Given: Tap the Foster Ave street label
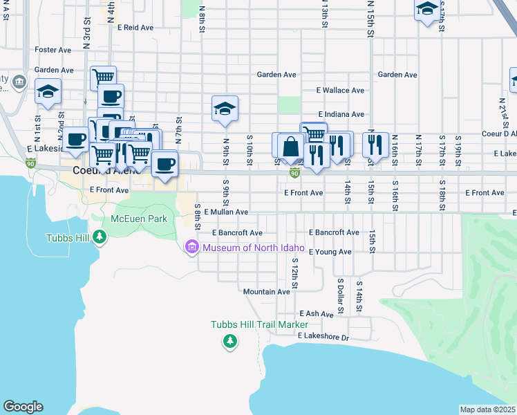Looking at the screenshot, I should point(53,50).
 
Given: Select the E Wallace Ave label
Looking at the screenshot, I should point(340,91).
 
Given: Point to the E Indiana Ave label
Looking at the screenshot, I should point(341,114).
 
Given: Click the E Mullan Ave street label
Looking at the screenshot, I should point(226,212).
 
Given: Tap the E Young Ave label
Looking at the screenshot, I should point(330,252).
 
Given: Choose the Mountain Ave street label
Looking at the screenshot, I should point(266,292).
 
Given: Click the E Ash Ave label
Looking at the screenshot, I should point(317,314).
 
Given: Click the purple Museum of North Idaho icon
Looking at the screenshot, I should point(192,247).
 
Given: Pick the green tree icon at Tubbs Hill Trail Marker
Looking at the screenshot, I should point(229,340).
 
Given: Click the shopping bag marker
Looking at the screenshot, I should point(292,146).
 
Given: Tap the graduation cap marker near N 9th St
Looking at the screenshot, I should point(225,109).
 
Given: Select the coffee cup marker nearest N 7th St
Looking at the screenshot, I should point(164,165).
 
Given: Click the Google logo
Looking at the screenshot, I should point(23,407).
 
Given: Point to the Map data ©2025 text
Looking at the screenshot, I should point(487,409).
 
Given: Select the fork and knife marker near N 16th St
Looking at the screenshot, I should point(375,143).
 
